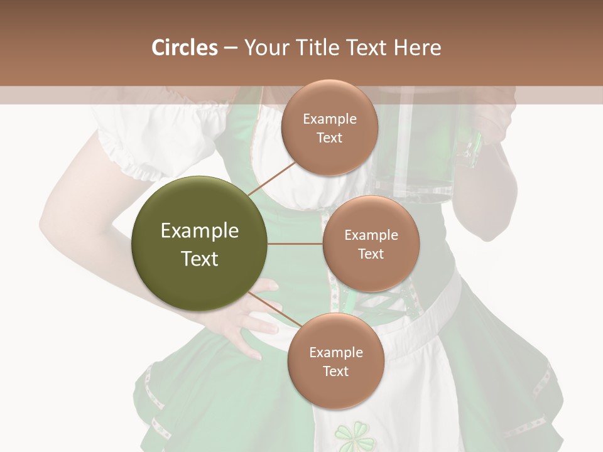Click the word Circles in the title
[x=184, y=48]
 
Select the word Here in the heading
[x=417, y=48]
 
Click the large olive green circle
[x=200, y=244]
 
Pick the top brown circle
[x=329, y=128]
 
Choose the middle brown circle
[x=371, y=244]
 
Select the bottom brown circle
[x=335, y=362]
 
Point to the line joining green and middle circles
[x=295, y=244]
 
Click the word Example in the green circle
[x=200, y=231]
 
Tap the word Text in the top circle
[x=329, y=137]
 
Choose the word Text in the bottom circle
[x=335, y=371]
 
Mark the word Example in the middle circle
[x=371, y=235]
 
